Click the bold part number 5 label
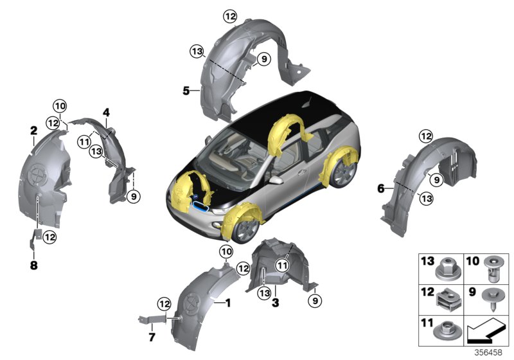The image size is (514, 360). pyautogui.click(x=186, y=91)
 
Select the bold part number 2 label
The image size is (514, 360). pyautogui.click(x=33, y=131)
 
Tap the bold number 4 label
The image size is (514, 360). pyautogui.click(x=106, y=113)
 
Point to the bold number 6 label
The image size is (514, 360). pyautogui.click(x=380, y=188)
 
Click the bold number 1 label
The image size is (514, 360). pyautogui.click(x=226, y=301)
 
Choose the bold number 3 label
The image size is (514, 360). pyautogui.click(x=274, y=301)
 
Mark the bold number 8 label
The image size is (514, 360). pyautogui.click(x=34, y=264)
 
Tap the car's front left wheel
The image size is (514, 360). pyautogui.click(x=242, y=228)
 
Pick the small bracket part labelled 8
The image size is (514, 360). pyautogui.click(x=35, y=239)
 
